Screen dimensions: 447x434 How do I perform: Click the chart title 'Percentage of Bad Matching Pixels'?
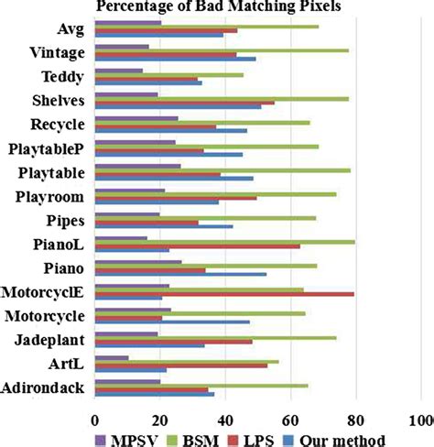pyautogui.click(x=216, y=7)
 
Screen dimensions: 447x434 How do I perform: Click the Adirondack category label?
pyautogui.click(x=45, y=388)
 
